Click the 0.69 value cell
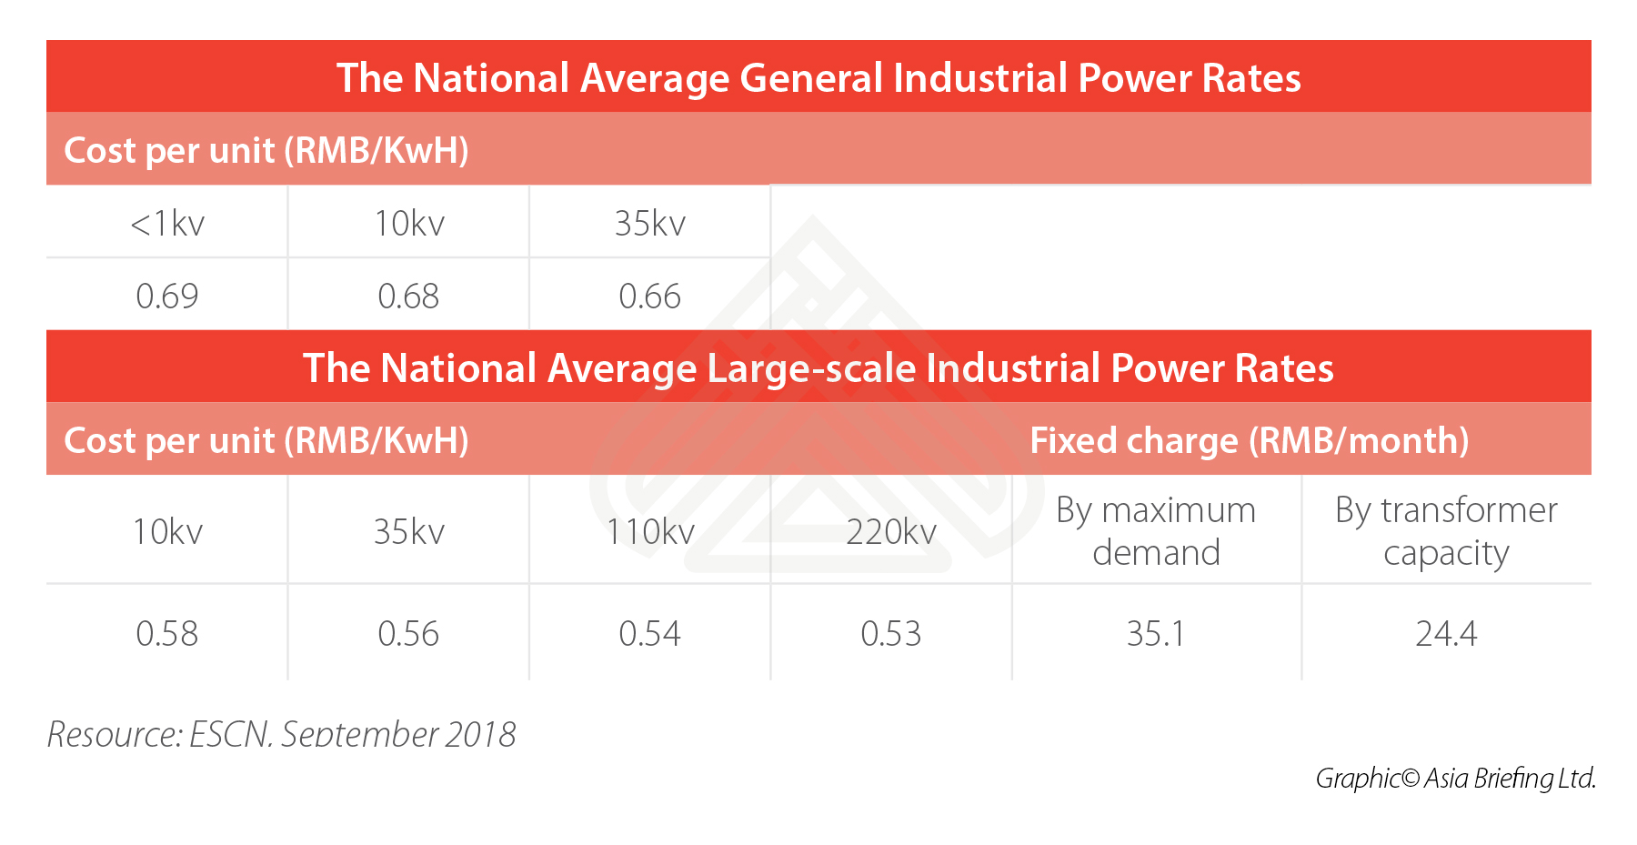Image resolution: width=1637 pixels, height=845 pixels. tap(167, 296)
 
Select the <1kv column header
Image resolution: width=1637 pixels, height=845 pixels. tap(167, 223)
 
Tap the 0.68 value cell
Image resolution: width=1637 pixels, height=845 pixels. tap(408, 296)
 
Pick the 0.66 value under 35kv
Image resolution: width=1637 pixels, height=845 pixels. tap(649, 296)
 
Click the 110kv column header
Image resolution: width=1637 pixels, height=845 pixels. tap(649, 531)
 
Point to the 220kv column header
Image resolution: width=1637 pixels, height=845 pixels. tap(891, 531)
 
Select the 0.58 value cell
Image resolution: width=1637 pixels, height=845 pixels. tap(167, 633)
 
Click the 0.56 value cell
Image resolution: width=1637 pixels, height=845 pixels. tap(408, 633)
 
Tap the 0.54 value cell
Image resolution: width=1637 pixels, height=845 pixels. tap(649, 633)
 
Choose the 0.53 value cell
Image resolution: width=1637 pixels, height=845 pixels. tap(891, 633)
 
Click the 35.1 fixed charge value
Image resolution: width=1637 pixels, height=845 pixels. tap(1156, 633)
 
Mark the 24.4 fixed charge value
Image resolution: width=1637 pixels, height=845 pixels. tap(1446, 633)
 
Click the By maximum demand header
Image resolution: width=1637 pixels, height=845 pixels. tap(1156, 531)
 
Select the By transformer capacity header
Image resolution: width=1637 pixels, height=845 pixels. tap(1446, 531)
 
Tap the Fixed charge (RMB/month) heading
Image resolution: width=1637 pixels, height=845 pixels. tap(1249, 440)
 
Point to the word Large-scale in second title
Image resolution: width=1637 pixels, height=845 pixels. tap(813, 368)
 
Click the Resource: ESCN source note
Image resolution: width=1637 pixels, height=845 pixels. tap(282, 733)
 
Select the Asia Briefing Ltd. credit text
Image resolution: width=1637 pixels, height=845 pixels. tap(1510, 779)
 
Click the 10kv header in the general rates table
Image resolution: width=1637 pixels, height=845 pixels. tap(408, 223)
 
